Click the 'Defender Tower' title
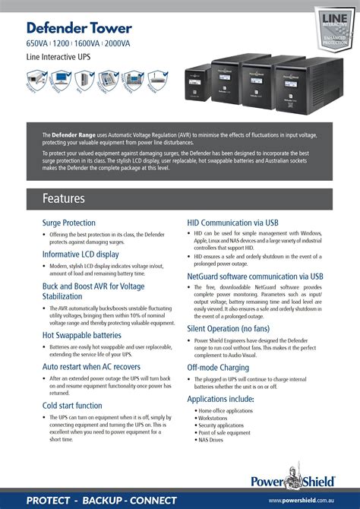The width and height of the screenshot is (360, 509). coord(79,28)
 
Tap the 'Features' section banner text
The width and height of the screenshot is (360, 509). coord(64,198)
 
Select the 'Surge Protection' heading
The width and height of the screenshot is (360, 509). coord(68,223)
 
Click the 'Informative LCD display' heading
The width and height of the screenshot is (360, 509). coord(81,254)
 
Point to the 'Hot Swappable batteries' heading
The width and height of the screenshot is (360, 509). coord(81,334)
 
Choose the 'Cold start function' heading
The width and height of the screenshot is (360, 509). coord(72,406)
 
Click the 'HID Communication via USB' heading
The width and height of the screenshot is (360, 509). coord(232,223)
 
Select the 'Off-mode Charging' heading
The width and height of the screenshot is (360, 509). coord(218,368)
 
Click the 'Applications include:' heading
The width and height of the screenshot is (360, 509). coord(220,399)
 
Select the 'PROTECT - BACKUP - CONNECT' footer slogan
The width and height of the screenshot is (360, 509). coord(101,501)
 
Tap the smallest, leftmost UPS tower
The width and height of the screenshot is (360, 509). coord(194,86)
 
